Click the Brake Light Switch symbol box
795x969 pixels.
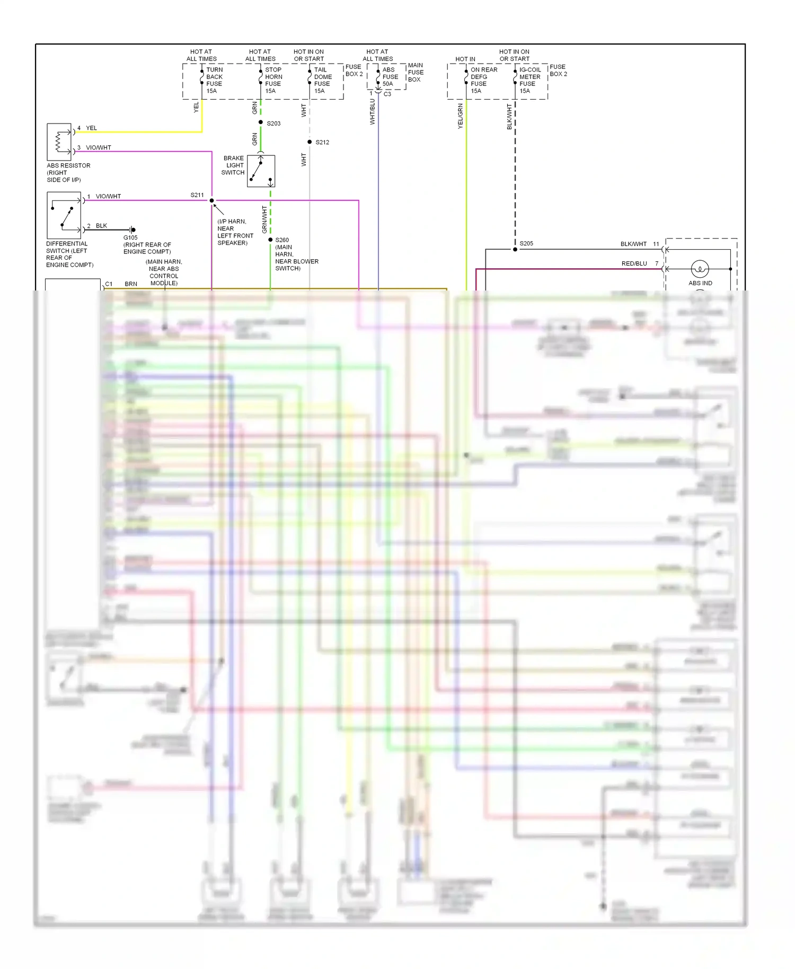[261, 171]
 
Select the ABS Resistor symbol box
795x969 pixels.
[59, 142]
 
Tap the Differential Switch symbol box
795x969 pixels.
[64, 215]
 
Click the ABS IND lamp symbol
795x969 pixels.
[700, 269]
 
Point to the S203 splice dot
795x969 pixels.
[261, 122]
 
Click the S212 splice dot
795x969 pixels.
[310, 142]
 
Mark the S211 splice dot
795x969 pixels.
[211, 200]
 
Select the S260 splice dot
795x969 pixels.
[270, 240]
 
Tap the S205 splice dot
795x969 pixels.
[515, 249]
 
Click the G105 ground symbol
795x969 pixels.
[132, 230]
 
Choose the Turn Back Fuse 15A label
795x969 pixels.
[214, 80]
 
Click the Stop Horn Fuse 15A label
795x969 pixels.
[273, 80]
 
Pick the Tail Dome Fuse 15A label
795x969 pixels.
[322, 80]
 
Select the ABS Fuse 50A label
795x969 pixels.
[390, 76]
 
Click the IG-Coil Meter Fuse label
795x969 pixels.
[529, 80]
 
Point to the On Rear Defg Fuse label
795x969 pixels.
[483, 80]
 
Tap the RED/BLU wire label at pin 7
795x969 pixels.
[634, 263]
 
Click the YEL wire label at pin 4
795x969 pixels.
[91, 128]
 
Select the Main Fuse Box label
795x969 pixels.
[416, 73]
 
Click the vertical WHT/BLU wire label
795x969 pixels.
[373, 111]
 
